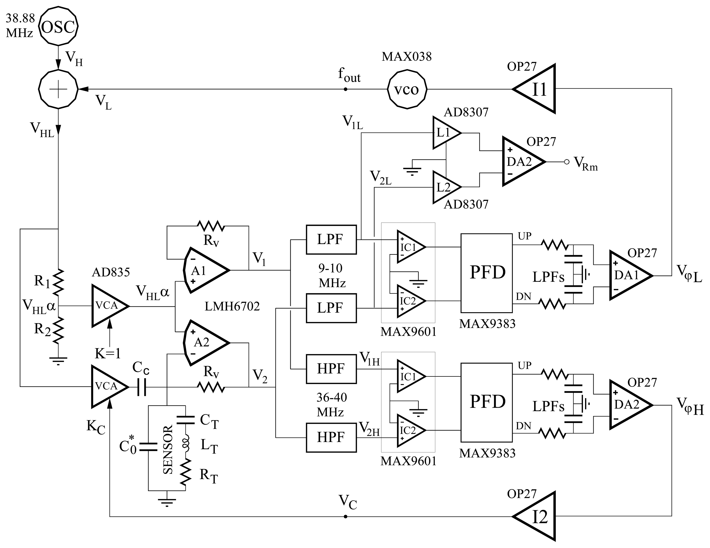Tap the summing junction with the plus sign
click(59, 89)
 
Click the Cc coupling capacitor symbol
click(142, 387)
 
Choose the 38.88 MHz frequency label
click(20, 25)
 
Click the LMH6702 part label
click(232, 306)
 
